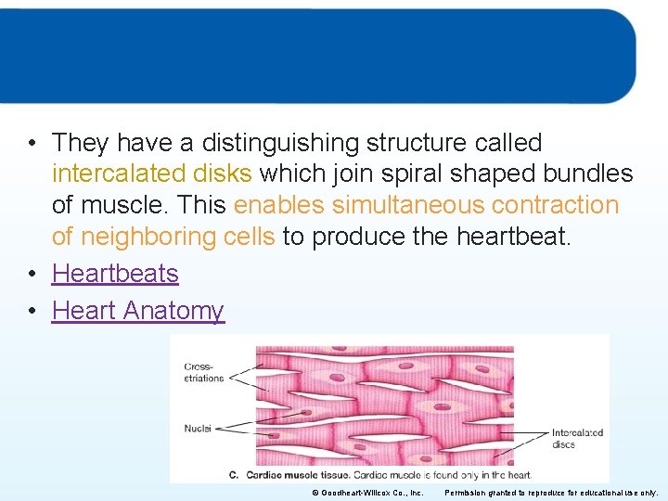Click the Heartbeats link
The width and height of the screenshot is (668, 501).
pyautogui.click(x=115, y=274)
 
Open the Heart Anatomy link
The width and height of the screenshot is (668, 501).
pyautogui.click(x=138, y=311)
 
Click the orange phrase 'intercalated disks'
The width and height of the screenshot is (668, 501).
pyautogui.click(x=151, y=174)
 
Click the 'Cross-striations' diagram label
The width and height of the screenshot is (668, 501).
pyautogui.click(x=204, y=372)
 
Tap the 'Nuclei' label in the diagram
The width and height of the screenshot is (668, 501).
pyautogui.click(x=198, y=429)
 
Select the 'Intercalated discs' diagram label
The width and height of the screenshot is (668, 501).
pyautogui.click(x=577, y=438)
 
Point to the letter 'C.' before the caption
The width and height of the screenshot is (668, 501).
pyautogui.click(x=234, y=475)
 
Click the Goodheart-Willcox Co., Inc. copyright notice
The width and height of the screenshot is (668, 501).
pyautogui.click(x=367, y=493)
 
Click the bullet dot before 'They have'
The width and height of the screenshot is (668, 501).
pyautogui.click(x=32, y=143)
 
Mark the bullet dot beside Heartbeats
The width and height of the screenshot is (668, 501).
pyautogui.click(x=32, y=274)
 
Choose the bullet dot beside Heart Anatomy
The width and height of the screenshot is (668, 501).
pyautogui.click(x=32, y=311)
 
